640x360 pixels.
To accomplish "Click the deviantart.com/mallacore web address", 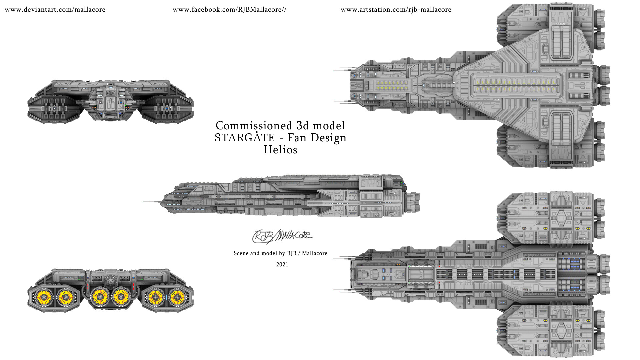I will point(55,10).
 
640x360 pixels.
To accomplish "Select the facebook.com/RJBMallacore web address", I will point(229,10).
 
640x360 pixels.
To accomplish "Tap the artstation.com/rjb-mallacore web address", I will point(396,10).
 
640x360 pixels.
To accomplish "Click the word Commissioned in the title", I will point(254,126).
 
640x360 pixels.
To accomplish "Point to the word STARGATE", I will point(245,138).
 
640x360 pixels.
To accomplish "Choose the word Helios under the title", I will point(280,150).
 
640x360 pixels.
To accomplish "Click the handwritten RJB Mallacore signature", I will point(282,236).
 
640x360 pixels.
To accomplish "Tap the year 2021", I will point(282,264).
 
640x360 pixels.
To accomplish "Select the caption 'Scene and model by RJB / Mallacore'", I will point(280,253).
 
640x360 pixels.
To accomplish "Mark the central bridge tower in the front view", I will point(110,100).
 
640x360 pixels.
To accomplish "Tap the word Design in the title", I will point(328,138).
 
